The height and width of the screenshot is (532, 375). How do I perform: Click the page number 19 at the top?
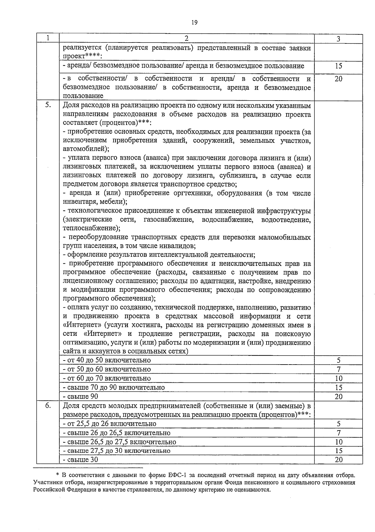click(x=194, y=22)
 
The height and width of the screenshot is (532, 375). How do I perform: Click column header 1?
click(x=48, y=38)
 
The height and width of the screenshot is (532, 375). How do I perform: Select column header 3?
click(x=338, y=39)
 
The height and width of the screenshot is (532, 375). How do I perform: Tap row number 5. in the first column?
click(x=48, y=105)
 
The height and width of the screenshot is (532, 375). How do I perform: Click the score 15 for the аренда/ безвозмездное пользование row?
click(x=338, y=66)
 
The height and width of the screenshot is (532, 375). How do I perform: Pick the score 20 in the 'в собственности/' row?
click(x=338, y=79)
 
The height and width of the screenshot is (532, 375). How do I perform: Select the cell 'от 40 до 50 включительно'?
click(x=107, y=360)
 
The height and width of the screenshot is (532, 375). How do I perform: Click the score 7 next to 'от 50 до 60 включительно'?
click(x=338, y=369)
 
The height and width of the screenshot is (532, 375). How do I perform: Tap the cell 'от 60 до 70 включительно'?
click(x=107, y=378)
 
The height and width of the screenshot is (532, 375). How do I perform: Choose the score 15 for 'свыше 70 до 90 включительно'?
click(x=338, y=387)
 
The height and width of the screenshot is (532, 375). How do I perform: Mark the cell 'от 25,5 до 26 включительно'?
click(x=109, y=424)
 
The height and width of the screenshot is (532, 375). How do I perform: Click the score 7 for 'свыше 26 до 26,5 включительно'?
click(x=338, y=433)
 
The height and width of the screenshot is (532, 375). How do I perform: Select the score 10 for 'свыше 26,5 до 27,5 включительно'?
click(x=338, y=442)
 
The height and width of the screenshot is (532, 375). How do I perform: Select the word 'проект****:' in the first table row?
click(x=83, y=56)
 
